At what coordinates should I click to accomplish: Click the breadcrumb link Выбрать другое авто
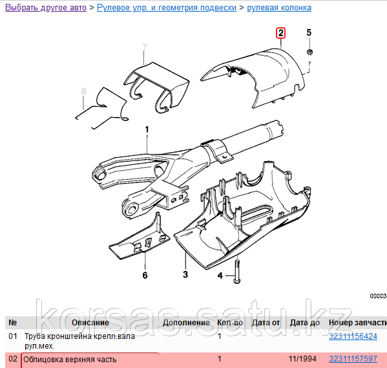tap(46, 8)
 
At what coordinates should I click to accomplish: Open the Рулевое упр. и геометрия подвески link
tap(167, 8)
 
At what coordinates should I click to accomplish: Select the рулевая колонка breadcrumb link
tap(279, 8)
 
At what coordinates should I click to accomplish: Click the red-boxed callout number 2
tap(280, 33)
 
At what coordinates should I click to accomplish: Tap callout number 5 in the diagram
tap(309, 32)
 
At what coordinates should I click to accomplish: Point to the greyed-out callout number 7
tap(145, 47)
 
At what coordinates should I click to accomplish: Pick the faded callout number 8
tap(84, 91)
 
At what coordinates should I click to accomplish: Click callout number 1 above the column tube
tap(147, 129)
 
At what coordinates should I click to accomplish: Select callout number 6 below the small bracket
tap(145, 275)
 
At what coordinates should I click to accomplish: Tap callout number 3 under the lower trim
tap(185, 274)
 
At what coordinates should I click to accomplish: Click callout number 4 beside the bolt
tap(220, 276)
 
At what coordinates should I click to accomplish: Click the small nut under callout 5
tap(309, 52)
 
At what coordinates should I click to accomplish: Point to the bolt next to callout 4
tap(237, 271)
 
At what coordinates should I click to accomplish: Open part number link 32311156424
tap(353, 336)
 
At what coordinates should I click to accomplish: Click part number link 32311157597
tap(353, 358)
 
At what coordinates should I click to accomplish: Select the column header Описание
tap(90, 323)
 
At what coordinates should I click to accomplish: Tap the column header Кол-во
tap(230, 323)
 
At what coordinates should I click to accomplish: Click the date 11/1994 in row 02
tap(302, 358)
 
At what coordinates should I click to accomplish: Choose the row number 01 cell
tap(13, 336)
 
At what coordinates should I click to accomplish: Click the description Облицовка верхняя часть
tap(70, 360)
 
